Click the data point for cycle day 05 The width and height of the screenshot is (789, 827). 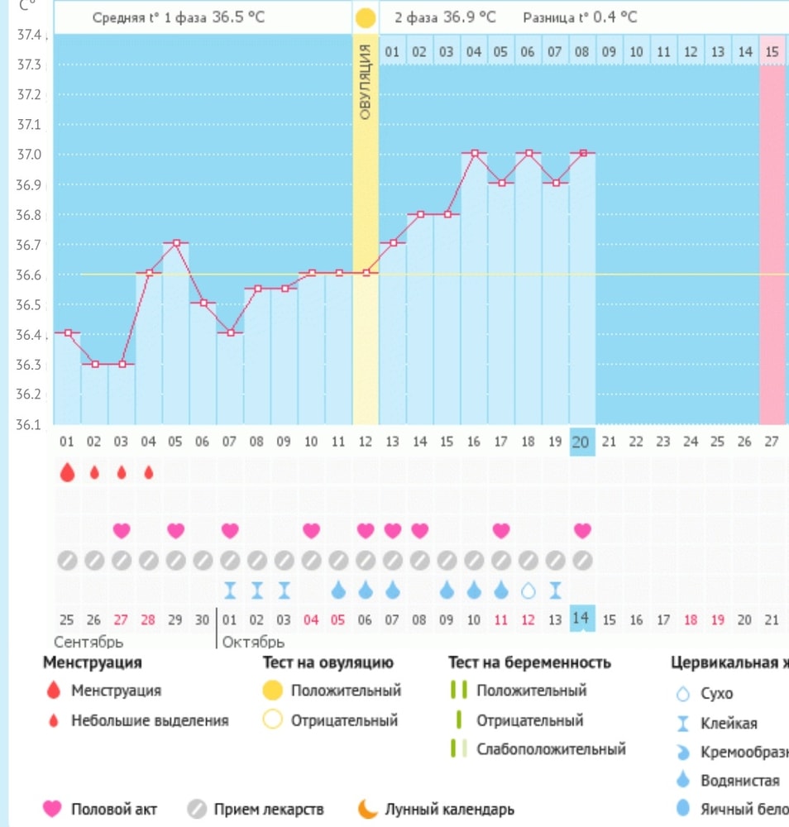click(175, 243)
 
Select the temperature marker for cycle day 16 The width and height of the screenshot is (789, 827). click(474, 153)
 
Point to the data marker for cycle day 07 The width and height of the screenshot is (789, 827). click(230, 332)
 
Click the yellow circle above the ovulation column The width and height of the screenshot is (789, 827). click(365, 17)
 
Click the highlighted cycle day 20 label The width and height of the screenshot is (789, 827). click(581, 442)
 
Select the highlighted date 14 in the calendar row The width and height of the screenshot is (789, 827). click(581, 619)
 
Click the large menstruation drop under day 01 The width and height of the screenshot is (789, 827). click(67, 472)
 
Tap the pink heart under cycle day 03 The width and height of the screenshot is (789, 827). click(122, 529)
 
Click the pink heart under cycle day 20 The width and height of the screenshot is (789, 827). click(582, 529)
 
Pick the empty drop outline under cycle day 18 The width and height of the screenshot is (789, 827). click(528, 590)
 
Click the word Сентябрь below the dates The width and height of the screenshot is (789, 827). click(88, 642)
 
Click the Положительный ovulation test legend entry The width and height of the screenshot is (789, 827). click(346, 691)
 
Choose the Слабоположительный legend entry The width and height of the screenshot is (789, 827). click(551, 749)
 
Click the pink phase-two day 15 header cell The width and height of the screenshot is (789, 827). click(772, 51)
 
